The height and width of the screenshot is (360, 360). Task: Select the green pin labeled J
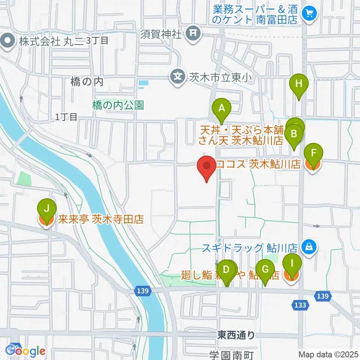coord(47,208)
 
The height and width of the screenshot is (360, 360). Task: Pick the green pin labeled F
coord(313,153)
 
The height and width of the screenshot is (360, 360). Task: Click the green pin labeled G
coord(265,270)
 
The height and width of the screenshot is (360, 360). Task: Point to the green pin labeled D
coord(226,270)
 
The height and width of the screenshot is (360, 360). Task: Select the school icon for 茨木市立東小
coord(177,77)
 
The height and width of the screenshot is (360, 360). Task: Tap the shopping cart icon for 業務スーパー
coord(309,14)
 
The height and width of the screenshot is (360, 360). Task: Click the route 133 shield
coord(300,305)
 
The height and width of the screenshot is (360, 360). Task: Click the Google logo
coord(25,351)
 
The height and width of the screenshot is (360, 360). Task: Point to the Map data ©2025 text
coord(328,354)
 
